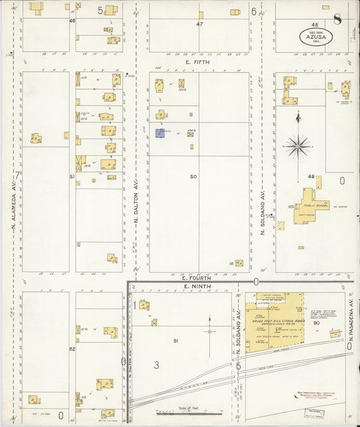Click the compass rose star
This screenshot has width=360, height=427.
297,145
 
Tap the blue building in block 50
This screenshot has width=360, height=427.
160,134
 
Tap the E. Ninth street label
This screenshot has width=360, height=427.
194,287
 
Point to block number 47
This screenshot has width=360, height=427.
199,24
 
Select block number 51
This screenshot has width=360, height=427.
71,176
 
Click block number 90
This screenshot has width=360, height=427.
316,323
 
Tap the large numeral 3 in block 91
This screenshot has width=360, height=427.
156,366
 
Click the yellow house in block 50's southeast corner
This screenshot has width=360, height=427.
238,263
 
